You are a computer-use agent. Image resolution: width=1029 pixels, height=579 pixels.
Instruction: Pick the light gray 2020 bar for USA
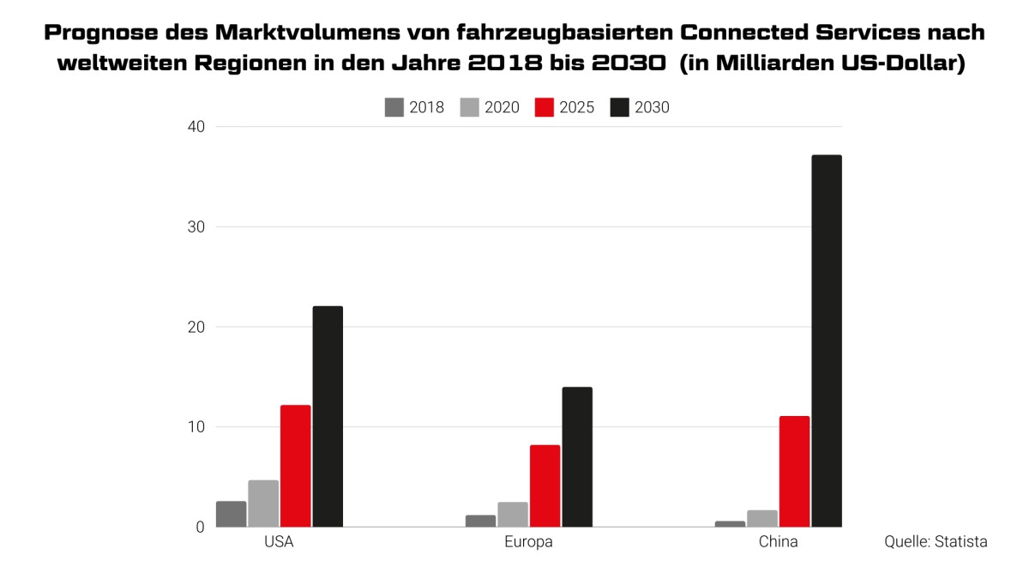pos(263,504)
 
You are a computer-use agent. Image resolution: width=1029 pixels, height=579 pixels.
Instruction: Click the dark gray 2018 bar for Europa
pos(481,521)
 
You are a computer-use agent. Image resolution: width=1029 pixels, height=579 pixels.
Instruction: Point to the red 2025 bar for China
pos(794,471)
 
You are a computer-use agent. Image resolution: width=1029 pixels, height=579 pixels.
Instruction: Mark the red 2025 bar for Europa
pos(545,486)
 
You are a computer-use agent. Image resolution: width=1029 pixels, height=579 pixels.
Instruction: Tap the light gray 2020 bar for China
pos(762,518)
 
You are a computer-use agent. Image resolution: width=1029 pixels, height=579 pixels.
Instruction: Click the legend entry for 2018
pos(415,107)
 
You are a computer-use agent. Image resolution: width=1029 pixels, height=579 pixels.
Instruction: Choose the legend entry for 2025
pos(565,107)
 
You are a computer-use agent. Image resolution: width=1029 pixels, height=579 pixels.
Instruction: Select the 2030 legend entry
pos(640,107)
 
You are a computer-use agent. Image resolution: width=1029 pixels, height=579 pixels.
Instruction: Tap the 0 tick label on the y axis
pos(200,527)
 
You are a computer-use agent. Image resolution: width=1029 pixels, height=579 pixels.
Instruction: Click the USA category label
pos(280,543)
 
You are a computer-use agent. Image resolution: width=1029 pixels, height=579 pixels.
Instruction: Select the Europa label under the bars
pos(528,543)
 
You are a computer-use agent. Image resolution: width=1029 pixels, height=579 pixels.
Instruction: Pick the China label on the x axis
pos(778,543)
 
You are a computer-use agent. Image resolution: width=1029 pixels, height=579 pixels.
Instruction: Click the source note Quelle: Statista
pos(936,542)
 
